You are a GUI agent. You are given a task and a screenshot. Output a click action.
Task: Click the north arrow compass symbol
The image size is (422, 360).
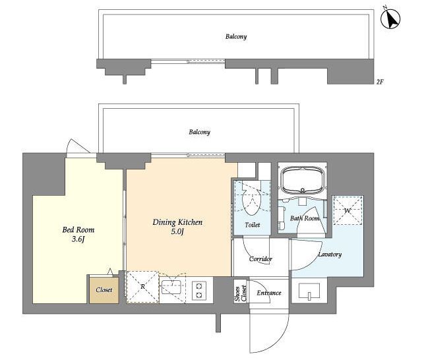tap(390, 19)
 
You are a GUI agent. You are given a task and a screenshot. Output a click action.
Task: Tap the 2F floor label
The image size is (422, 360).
tap(380, 82)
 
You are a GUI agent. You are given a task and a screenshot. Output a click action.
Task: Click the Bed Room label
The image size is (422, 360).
tap(78, 229)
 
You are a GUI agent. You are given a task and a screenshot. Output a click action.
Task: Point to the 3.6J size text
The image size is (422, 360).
tap(78, 239)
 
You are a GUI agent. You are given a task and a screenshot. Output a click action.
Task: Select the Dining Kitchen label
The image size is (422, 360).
tap(177, 222)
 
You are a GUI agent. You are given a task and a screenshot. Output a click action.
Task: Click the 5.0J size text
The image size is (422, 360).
tap(177, 231)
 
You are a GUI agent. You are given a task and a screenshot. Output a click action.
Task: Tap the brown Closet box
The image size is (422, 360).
tap(104, 290)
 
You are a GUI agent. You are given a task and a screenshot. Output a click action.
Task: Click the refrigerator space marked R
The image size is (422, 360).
tap(142, 287)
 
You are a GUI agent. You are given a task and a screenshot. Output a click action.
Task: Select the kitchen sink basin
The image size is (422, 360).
tap(171, 287)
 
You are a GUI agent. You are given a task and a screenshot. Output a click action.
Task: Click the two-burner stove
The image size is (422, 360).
tap(199, 291)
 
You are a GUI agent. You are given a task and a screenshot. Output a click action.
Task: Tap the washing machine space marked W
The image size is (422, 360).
tap(348, 210)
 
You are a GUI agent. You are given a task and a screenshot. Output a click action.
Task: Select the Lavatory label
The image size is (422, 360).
tap(330, 255)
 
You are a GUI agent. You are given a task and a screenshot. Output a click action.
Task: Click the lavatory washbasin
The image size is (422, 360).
tap(309, 291)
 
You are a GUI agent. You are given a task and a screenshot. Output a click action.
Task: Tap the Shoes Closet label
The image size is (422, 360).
tap(240, 293)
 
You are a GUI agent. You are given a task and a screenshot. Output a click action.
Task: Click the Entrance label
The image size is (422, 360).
tap(269, 293)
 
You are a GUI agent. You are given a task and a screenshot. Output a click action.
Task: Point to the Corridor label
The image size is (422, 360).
tap(260, 259)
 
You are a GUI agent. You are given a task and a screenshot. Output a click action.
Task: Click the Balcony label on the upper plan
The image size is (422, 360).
tap(236, 36)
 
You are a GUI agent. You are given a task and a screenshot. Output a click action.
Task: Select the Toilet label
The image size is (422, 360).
tap(253, 225)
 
